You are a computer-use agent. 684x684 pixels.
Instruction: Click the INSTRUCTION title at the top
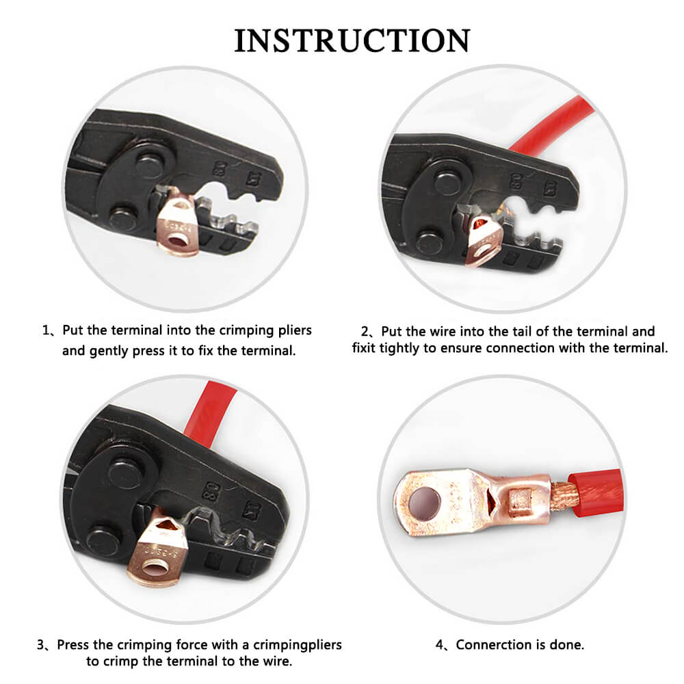tap(352, 40)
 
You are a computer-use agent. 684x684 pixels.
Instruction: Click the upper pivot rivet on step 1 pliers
tap(149, 166)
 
